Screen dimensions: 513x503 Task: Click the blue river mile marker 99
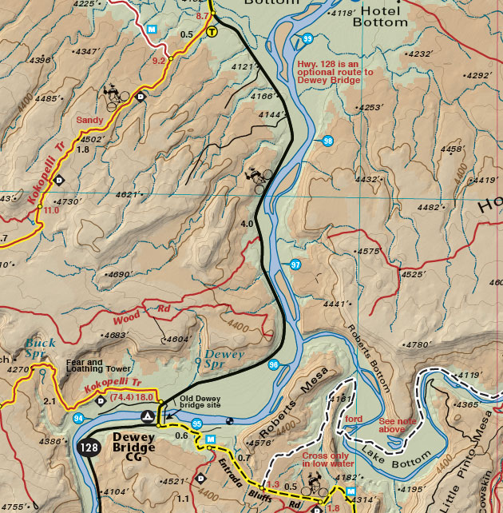[307, 38]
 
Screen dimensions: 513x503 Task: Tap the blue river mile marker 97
[295, 264]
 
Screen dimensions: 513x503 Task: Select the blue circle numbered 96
[274, 365]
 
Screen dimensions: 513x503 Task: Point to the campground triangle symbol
[146, 416]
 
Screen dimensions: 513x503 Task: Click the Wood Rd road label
[149, 310]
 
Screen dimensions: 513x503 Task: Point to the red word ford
[354, 418]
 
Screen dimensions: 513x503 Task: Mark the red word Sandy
[89, 120]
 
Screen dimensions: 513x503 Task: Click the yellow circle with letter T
[212, 32]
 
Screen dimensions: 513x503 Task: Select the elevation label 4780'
[418, 345]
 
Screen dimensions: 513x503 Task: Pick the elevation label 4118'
[343, 13]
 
